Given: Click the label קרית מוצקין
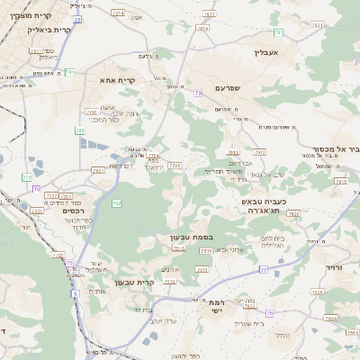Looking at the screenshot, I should point(34,16).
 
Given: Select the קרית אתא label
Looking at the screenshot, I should point(117,81).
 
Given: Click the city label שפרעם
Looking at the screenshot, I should point(231,87).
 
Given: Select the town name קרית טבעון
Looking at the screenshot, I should point(135,282).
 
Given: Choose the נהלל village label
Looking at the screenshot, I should point(282,336).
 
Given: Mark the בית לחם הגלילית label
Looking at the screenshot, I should point(274,243).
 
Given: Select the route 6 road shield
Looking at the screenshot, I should point(76,292).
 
